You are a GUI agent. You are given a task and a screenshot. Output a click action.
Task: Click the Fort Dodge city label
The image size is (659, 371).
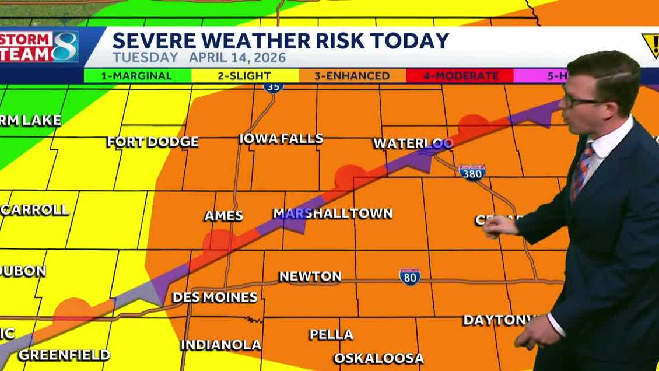pyautogui.click(x=153, y=142)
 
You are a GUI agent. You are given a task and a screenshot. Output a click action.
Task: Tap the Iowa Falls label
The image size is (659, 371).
pyautogui.click(x=281, y=139)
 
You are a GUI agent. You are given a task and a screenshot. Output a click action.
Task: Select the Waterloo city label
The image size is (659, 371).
pyautogui.click(x=413, y=143)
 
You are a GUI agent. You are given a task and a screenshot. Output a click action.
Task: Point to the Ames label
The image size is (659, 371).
pyautogui.click(x=223, y=216)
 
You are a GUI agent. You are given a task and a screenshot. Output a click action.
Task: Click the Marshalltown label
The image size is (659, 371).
pyautogui.click(x=332, y=213)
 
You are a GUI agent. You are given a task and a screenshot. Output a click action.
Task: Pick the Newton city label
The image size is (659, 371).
pyautogui.click(x=310, y=276)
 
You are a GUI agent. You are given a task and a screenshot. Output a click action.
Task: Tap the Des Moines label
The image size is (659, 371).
pyautogui.click(x=215, y=297)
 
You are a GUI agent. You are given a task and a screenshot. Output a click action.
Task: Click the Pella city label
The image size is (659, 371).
pyautogui.click(x=331, y=334)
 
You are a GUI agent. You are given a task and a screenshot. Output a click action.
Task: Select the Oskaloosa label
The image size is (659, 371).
pyautogui.click(x=378, y=358)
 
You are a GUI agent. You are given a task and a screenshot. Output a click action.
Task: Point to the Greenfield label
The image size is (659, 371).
pyautogui.click(x=64, y=355)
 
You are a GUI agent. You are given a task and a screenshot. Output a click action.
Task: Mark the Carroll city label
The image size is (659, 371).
pyautogui.click(x=35, y=210)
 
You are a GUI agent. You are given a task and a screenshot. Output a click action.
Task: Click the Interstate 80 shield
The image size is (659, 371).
pyautogui.click(x=410, y=276)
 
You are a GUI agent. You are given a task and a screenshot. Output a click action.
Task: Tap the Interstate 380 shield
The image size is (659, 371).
pyautogui.click(x=472, y=171)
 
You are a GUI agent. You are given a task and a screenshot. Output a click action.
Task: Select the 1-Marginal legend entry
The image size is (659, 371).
pyautogui.click(x=138, y=76)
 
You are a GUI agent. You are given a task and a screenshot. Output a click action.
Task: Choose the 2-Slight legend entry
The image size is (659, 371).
pyautogui.click(x=245, y=76)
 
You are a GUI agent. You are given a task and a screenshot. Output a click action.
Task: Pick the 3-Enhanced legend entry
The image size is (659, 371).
pyautogui.click(x=352, y=76)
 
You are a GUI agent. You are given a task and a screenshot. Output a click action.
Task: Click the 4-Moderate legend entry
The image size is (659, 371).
pyautogui.click(x=460, y=76)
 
